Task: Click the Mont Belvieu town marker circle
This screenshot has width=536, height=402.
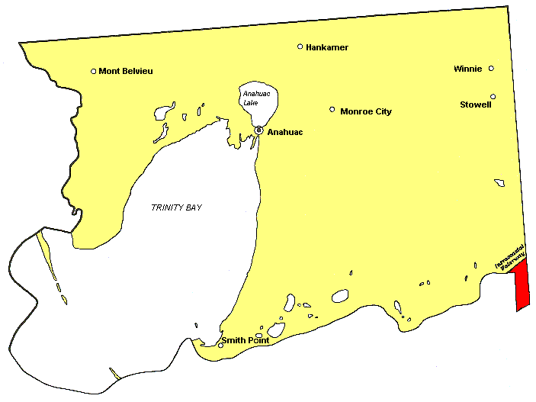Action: pos(94,72)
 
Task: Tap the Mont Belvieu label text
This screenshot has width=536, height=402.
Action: pos(126,72)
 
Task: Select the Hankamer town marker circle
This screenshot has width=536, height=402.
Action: pos(300,47)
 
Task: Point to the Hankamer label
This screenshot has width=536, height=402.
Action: pos(327,47)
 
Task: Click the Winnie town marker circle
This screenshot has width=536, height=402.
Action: pos(491,69)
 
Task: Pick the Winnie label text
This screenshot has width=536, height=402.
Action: pos(467,69)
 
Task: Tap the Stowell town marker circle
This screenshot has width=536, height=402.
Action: pos(493,96)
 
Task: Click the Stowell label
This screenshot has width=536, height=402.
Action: pos(475,105)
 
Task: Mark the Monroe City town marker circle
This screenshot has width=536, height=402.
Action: pos(332,109)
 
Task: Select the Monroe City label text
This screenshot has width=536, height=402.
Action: pos(366,111)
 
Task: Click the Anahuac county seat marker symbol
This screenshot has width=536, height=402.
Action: pos(259,130)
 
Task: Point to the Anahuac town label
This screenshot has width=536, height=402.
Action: pos(285,133)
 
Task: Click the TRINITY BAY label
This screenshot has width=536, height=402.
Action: pos(176,207)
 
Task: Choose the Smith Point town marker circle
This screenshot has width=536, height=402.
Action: pos(221,344)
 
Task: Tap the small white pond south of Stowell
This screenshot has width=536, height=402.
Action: pos(499,182)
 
